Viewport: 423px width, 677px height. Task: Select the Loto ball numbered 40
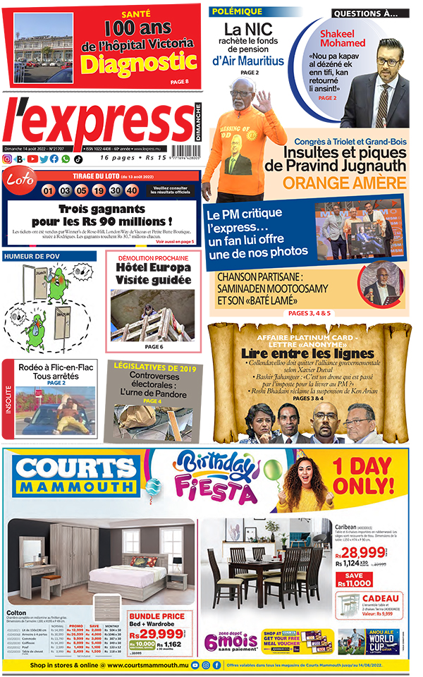coord(131,190)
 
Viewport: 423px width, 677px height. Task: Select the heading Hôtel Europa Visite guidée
coord(153,274)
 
